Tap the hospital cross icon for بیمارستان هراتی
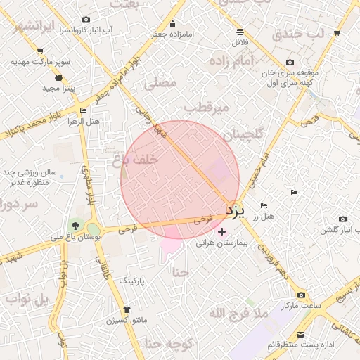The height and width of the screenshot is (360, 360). point(222,231)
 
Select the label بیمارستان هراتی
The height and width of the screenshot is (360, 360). point(221,243)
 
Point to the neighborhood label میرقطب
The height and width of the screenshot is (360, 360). point(207,108)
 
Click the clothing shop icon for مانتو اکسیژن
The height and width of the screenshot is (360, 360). point(127,309)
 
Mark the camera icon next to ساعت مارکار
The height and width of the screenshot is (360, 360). point(302,295)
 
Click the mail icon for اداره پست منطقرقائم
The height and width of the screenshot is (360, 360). point(301,334)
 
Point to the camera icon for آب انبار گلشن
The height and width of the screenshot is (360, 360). point(342,219)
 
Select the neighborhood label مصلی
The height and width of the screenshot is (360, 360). point(160,83)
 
